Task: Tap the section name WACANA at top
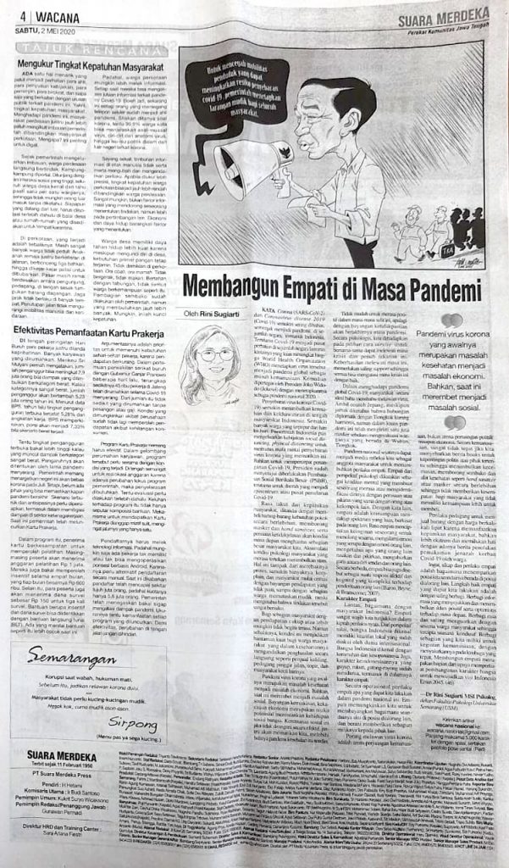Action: (36, 14)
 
